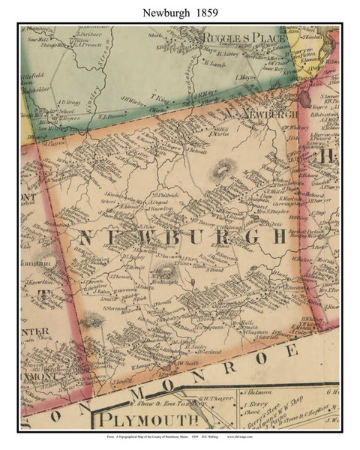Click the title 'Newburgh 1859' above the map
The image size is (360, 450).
(179, 10)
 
